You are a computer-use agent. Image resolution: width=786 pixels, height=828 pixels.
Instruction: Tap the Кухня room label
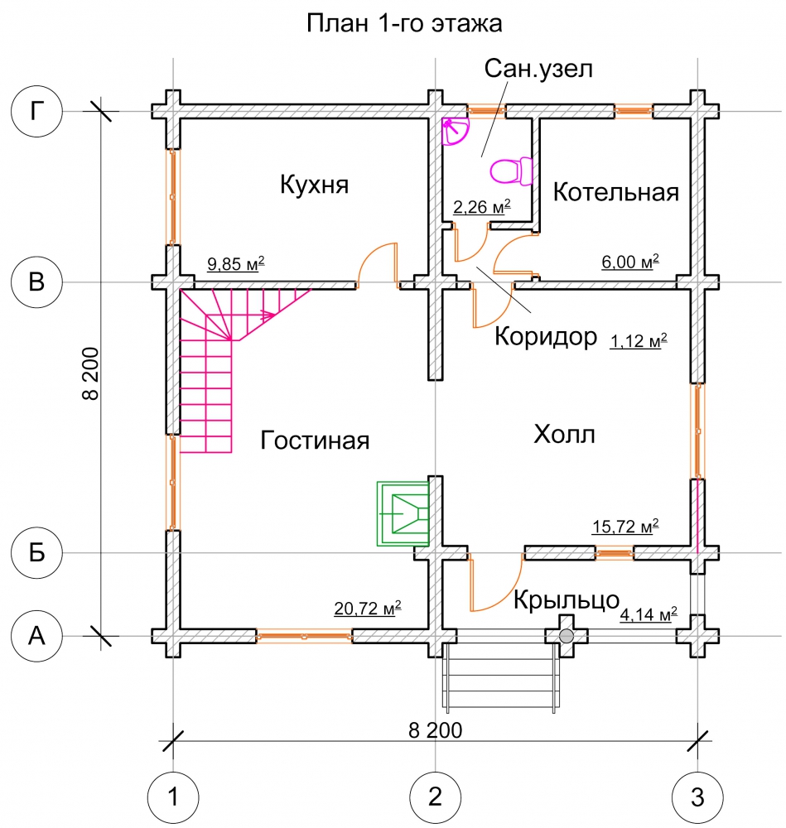point(314,184)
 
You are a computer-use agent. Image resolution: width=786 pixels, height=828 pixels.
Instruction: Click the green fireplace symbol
point(403,513)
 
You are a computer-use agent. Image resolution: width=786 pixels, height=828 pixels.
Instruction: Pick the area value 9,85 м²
point(235,264)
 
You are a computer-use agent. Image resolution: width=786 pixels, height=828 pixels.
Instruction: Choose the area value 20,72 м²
point(368,609)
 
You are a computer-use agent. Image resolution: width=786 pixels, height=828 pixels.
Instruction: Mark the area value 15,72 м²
point(625,526)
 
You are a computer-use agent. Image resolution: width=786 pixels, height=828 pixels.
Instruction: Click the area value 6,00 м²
point(630,261)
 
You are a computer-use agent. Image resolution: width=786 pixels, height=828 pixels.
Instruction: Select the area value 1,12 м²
point(639,340)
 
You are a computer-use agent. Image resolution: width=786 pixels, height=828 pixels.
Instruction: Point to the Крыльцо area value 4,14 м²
point(649,614)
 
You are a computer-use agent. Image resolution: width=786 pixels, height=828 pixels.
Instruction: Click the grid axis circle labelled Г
point(36,111)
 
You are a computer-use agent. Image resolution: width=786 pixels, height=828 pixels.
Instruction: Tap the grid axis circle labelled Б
point(36,553)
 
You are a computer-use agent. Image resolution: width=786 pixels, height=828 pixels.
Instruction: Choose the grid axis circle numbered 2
point(435,797)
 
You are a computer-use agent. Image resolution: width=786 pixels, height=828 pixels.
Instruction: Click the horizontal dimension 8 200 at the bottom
point(435,730)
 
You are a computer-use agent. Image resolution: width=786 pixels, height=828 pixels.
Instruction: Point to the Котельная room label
point(615,193)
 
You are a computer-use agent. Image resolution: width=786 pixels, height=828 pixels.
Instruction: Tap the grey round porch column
point(567,636)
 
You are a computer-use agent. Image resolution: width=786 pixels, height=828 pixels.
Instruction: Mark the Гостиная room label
point(314,440)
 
